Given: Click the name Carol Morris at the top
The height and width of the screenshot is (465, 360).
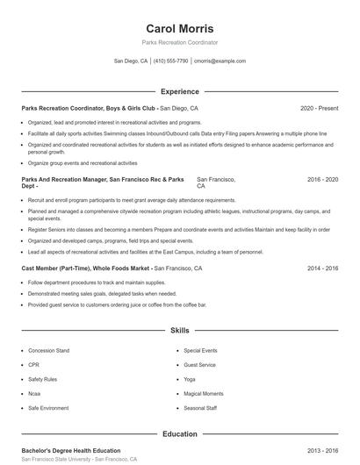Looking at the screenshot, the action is click(x=180, y=28).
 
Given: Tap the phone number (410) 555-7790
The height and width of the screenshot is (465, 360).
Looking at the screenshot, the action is click(x=171, y=61).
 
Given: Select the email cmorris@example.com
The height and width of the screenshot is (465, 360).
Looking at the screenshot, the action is click(x=220, y=61).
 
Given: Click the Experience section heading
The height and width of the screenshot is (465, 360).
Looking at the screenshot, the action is click(x=180, y=91).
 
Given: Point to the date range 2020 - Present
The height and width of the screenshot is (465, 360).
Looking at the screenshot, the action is click(x=319, y=108).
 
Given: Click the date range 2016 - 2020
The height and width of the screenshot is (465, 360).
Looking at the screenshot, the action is click(x=322, y=179).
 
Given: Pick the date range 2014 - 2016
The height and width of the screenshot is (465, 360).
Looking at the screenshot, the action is click(x=322, y=268).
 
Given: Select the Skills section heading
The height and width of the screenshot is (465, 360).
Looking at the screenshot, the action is click(x=180, y=331).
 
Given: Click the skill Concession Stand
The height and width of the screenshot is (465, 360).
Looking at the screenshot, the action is click(x=48, y=350).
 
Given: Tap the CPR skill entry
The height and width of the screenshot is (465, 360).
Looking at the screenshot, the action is click(x=33, y=364).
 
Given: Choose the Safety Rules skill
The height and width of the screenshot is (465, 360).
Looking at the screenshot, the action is click(x=42, y=379).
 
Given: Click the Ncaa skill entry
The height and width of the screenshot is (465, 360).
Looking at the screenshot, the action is click(x=35, y=394).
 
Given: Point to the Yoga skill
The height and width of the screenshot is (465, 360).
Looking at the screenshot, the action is click(x=190, y=379).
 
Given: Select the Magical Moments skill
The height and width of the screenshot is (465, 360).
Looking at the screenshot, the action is click(x=204, y=394).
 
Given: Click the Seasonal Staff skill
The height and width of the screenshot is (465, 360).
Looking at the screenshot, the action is click(x=200, y=408).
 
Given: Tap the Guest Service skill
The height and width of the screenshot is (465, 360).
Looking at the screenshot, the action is click(x=200, y=364).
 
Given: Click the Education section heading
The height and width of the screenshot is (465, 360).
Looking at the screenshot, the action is click(x=180, y=433).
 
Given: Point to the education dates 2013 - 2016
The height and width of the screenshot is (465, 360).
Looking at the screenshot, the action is click(x=322, y=450).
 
